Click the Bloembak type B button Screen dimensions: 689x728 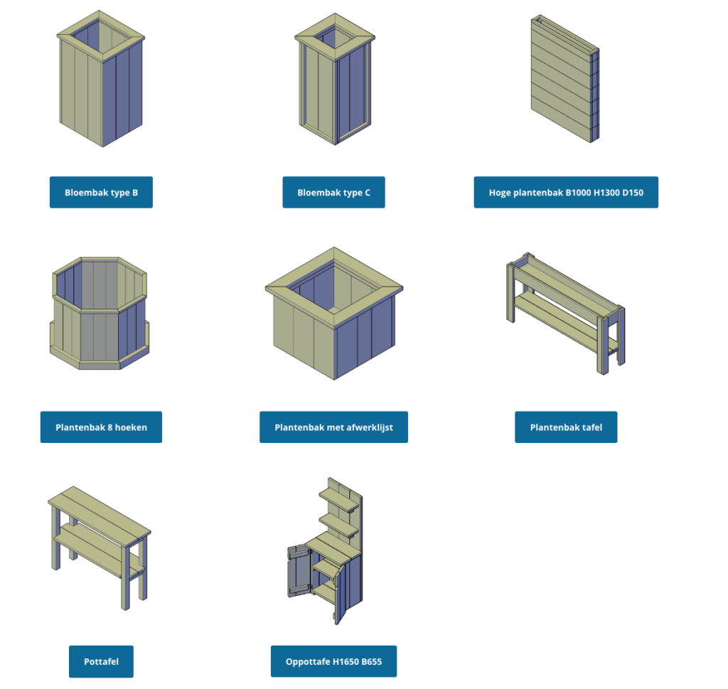pyautogui.click(x=101, y=192)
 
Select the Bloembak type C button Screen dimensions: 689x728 pyautogui.click(x=333, y=192)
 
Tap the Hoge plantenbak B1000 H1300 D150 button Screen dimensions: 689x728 pyautogui.click(x=566, y=192)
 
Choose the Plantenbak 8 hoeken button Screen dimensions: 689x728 pyautogui.click(x=101, y=427)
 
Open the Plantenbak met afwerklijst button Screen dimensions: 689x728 pyautogui.click(x=333, y=427)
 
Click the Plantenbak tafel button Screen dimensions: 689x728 pyautogui.click(x=566, y=427)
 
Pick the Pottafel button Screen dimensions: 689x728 pyautogui.click(x=101, y=662)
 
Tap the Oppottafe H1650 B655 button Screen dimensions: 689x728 pyautogui.click(x=333, y=662)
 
